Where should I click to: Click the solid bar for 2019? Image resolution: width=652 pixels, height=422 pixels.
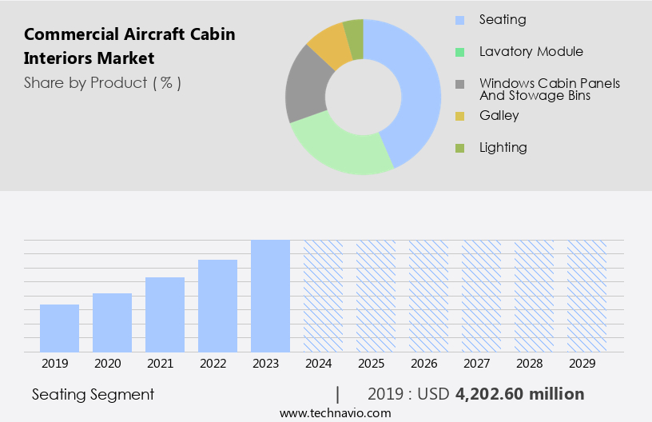[59, 328]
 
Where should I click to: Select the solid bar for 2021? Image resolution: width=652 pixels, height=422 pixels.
[165, 314]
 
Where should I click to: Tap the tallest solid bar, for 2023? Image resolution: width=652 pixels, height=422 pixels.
[270, 296]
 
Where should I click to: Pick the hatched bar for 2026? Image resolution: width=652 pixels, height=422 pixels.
[428, 296]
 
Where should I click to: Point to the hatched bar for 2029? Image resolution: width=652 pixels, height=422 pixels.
[586, 296]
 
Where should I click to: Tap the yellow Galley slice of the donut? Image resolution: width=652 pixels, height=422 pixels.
[329, 46]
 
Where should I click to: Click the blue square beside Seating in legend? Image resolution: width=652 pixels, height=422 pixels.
[459, 20]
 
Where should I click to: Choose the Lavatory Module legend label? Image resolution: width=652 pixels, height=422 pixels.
[531, 52]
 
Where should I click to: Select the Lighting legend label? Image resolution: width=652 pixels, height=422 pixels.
[503, 148]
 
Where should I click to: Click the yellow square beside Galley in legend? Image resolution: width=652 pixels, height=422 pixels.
[459, 116]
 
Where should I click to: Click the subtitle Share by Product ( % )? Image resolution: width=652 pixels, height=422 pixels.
[102, 82]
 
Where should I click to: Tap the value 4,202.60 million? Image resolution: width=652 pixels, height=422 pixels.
[519, 394]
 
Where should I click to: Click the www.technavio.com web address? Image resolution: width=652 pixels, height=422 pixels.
[336, 413]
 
